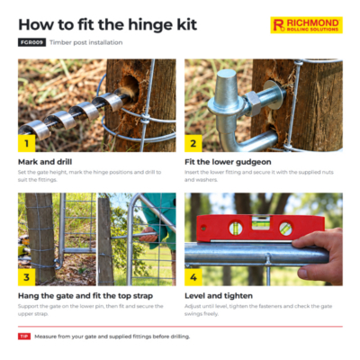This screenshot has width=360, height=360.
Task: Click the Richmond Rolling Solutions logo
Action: click(x=306, y=25)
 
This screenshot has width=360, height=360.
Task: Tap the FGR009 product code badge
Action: click(x=31, y=42)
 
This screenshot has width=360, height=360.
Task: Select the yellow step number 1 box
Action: click(x=26, y=143)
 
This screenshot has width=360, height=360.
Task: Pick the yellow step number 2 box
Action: click(x=193, y=143)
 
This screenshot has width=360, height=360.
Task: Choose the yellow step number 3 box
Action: click(x=26, y=277)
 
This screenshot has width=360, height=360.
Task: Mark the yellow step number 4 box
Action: click(x=193, y=277)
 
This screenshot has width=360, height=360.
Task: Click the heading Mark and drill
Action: click(x=45, y=162)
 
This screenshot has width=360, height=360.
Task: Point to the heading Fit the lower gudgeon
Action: click(x=228, y=162)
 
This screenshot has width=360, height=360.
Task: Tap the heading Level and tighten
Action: click(x=219, y=296)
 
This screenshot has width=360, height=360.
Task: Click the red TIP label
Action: click(x=24, y=337)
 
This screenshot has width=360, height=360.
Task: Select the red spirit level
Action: click(x=260, y=229)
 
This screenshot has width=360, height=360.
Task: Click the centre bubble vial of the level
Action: click(x=260, y=223)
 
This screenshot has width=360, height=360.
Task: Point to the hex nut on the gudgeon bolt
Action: click(x=253, y=103)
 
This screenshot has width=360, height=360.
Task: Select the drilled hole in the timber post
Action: click(x=131, y=86)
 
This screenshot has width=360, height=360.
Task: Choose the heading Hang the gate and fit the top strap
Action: click(x=85, y=296)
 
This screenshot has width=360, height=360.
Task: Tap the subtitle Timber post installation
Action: click(x=86, y=42)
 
